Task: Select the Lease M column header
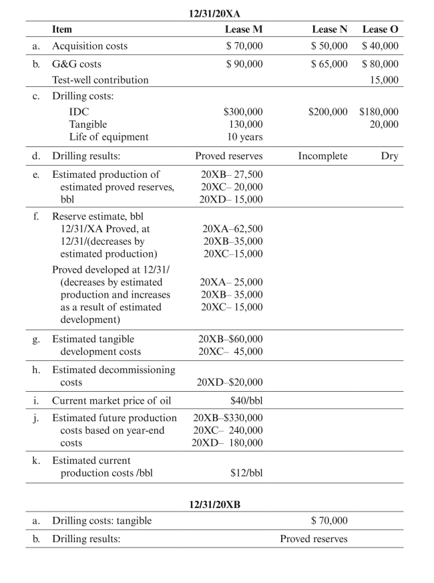(244, 29)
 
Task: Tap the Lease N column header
(330, 29)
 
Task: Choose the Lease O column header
(381, 29)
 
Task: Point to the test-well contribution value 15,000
(385, 80)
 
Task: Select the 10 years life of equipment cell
(243, 137)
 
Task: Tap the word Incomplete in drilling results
(322, 156)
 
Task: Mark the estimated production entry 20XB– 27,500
(232, 174)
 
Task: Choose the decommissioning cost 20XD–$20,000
(230, 382)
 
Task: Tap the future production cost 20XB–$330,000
(228, 418)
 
